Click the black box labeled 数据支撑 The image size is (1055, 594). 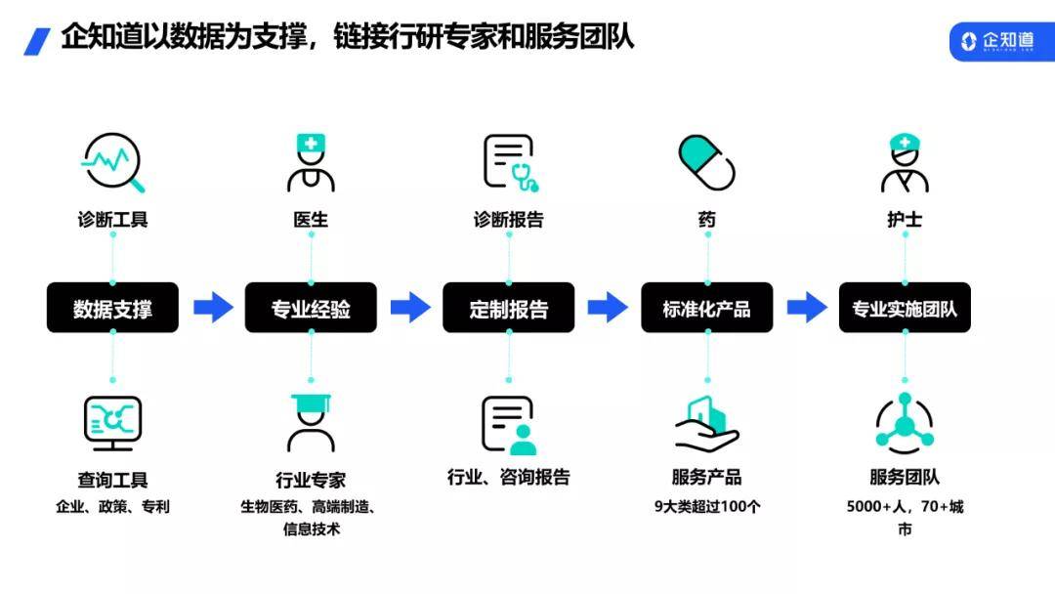(112, 308)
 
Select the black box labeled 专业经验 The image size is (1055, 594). (311, 308)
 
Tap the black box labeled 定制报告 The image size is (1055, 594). (509, 308)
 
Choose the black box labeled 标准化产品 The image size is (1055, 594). (706, 308)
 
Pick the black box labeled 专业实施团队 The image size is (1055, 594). (905, 308)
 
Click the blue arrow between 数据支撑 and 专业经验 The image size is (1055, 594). (213, 308)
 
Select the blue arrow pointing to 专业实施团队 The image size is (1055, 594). (808, 308)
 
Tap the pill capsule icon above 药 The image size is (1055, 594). (706, 162)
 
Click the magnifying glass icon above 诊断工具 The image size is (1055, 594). (113, 162)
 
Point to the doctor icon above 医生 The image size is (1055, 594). (311, 163)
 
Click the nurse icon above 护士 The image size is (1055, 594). (905, 163)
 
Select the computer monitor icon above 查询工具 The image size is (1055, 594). (112, 423)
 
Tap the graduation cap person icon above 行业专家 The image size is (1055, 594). (311, 422)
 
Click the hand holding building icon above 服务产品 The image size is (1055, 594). (706, 424)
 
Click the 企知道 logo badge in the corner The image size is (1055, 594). (1002, 41)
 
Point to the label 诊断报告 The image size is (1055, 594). (509, 219)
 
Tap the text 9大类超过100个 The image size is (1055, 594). (707, 506)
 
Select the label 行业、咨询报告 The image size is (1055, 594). (509, 477)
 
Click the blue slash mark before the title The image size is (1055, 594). (37, 41)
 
